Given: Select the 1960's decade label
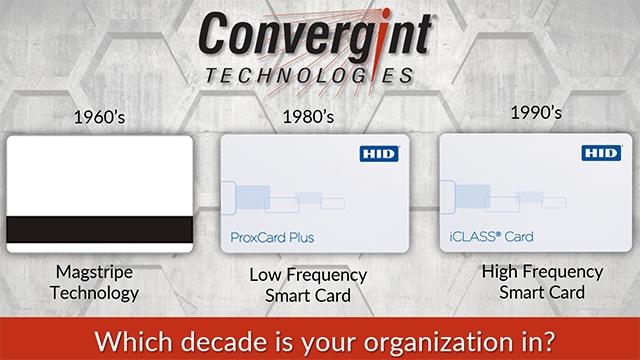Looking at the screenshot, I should point(99,116).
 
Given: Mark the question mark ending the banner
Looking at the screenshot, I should point(549,333).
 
